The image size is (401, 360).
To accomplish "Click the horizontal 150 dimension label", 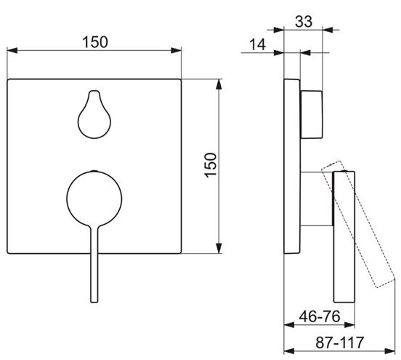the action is click(x=95, y=42).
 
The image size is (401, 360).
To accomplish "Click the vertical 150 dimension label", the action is click(x=211, y=165).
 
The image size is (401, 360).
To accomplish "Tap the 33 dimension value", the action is click(x=304, y=22).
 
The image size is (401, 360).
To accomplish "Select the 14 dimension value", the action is click(x=258, y=44).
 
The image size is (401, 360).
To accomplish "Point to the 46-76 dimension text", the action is click(x=320, y=316).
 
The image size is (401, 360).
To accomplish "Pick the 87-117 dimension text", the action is click(x=339, y=343).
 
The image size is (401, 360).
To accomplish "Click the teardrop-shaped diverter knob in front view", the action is click(x=94, y=114).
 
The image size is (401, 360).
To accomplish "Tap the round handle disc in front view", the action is click(x=94, y=199).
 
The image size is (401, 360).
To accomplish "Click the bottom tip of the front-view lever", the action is click(x=94, y=302).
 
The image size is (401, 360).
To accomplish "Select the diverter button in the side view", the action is click(x=312, y=114).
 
